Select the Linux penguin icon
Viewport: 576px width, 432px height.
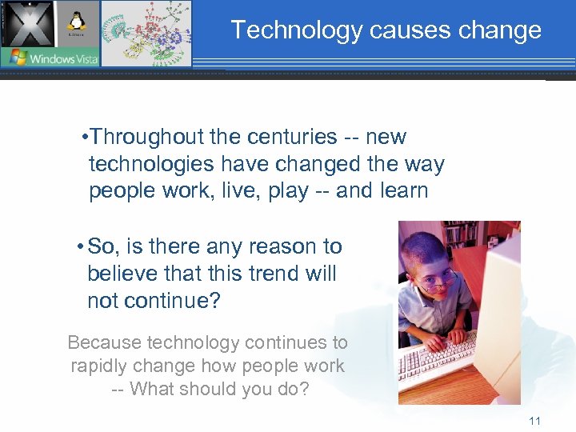click(x=78, y=22)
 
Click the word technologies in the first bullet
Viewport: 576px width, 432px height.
click(x=151, y=164)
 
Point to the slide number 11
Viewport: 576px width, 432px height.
click(x=534, y=421)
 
